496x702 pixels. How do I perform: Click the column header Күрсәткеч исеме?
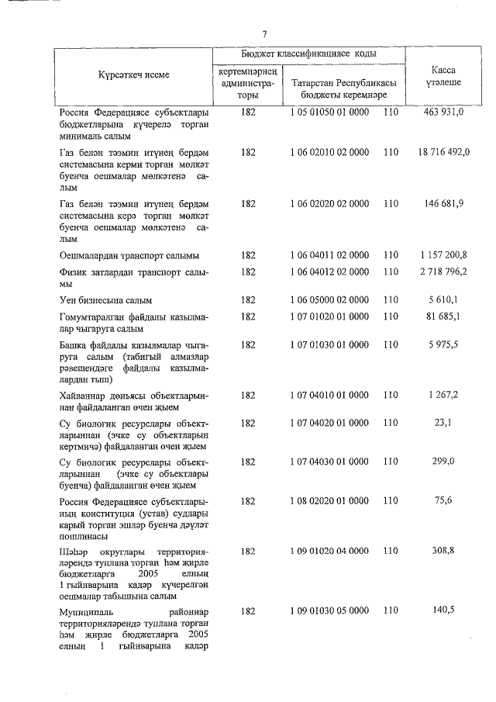(x=133, y=75)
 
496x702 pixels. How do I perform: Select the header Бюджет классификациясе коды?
(x=310, y=54)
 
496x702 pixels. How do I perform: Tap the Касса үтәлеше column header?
(x=443, y=75)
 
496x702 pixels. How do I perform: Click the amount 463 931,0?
(x=443, y=113)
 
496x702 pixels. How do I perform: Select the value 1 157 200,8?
(x=443, y=254)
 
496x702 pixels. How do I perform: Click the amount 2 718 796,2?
(x=443, y=272)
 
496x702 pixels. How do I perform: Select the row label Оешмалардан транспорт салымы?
(x=129, y=254)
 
